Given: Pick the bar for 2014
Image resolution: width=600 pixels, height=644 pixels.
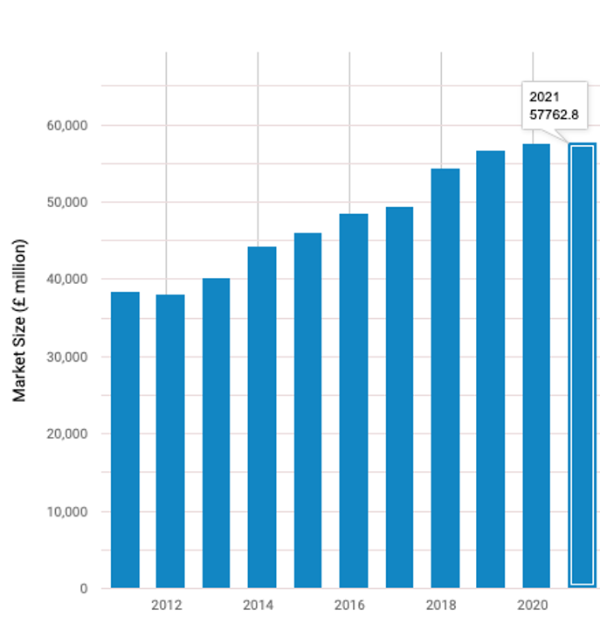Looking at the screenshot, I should (x=262, y=417).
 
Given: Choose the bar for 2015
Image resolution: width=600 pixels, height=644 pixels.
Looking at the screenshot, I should (x=307, y=410).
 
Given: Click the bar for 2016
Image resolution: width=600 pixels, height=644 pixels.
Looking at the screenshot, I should (x=354, y=400).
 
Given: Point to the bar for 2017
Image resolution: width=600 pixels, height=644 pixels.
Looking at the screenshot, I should (x=399, y=397).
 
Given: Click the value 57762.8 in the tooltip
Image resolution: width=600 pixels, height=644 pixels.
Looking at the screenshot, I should (x=554, y=114).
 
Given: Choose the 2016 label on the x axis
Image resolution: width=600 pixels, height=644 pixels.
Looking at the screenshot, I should (x=349, y=605).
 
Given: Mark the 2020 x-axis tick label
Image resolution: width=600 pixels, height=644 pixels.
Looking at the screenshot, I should (x=532, y=605).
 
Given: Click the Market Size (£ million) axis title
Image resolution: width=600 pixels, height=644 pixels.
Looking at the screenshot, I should (x=20, y=320).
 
